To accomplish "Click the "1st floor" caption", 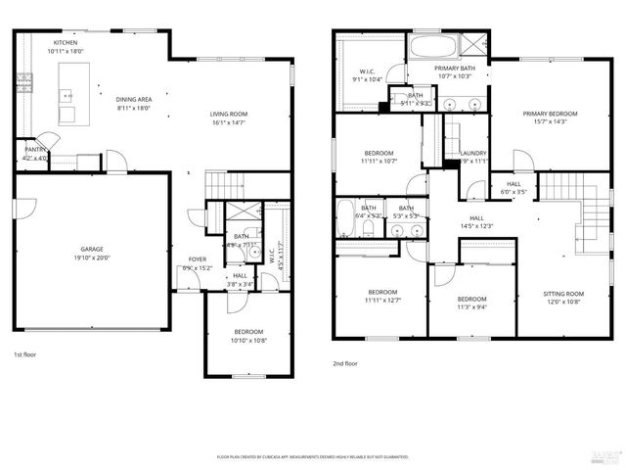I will [x=25, y=355].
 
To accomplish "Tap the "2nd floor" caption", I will [x=345, y=362].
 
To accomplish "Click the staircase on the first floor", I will [x=223, y=182].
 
